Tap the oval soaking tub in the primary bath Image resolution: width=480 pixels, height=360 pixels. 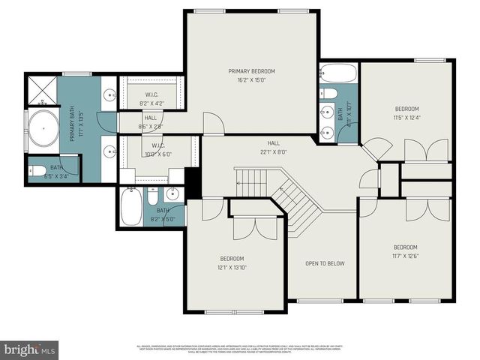[43, 128]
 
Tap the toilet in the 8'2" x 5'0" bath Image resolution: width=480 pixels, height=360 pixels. [152, 198]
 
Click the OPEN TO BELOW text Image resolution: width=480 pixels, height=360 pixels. [325, 263]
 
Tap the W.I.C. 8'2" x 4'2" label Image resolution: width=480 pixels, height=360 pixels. [150, 99]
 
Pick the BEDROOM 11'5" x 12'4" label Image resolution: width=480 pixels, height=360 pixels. [407, 112]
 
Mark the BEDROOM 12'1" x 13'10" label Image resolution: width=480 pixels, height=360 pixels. [232, 263]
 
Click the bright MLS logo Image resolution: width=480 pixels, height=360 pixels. [30, 349]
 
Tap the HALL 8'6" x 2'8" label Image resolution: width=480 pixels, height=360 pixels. [150, 121]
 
